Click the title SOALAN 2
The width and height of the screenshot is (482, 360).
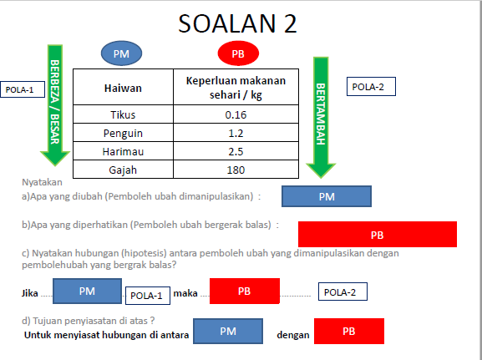[x=238, y=24]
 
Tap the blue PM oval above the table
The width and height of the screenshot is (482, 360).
[x=121, y=54]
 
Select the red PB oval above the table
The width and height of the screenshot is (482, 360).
[x=238, y=54]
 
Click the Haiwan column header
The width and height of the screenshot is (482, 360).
[x=123, y=87]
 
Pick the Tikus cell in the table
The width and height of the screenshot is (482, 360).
[x=123, y=115]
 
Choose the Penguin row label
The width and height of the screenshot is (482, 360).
[x=123, y=133]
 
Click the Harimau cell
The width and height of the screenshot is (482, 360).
[x=123, y=151]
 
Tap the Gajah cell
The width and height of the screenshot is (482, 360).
[x=123, y=170]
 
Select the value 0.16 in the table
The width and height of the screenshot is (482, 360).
[x=235, y=115]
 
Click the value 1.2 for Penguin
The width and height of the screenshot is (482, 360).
[x=235, y=133]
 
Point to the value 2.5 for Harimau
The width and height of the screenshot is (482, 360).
[x=235, y=151]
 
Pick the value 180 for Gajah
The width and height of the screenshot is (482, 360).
[x=235, y=170]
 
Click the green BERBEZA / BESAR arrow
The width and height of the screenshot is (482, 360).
[x=54, y=104]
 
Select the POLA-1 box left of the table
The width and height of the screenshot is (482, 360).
[x=19, y=89]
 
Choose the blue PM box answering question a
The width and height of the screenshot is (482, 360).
[x=327, y=196]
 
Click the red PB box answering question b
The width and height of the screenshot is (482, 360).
[x=377, y=235]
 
